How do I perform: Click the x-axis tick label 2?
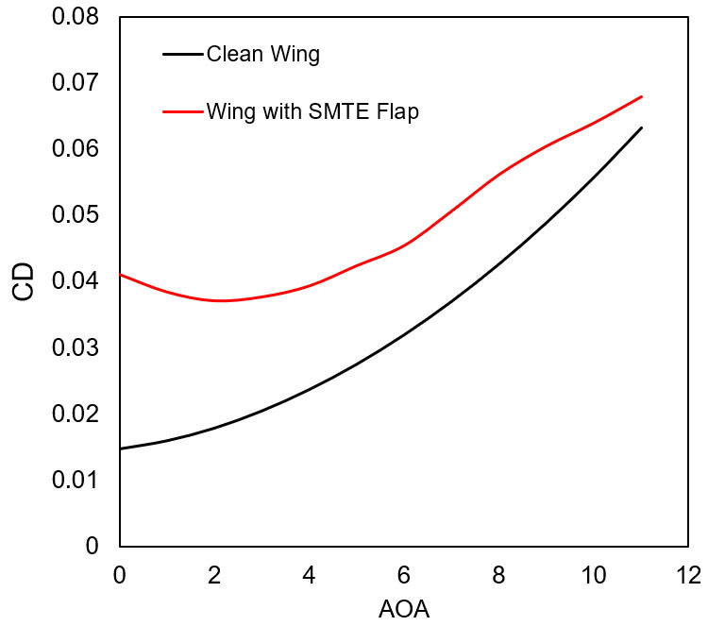point(214,574)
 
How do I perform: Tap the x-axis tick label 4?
point(309,574)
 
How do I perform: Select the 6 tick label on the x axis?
point(404,574)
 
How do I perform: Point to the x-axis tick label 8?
point(499,574)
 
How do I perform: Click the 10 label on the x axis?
point(594,574)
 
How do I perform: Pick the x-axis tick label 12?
point(689,574)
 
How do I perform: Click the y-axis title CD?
point(24,281)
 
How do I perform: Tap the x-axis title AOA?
point(403,609)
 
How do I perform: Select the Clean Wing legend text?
point(262,54)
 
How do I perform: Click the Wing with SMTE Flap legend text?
point(312,111)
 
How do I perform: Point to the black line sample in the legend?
point(183,54)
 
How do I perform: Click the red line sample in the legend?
point(183,111)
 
